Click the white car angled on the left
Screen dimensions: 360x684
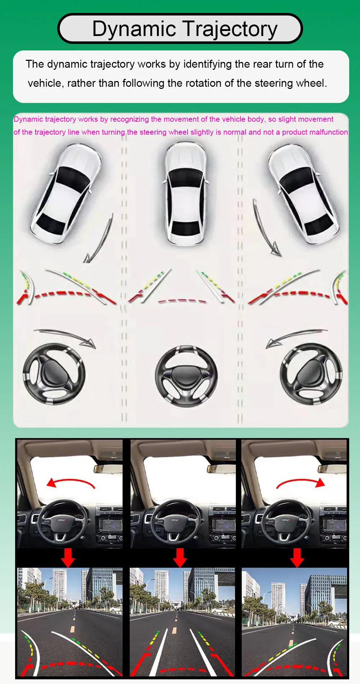point(65,193)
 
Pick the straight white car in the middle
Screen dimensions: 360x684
point(186,193)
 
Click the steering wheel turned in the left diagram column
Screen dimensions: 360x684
point(54,374)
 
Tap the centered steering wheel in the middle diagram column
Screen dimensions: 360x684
point(186,377)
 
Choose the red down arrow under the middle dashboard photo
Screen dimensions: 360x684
point(180,558)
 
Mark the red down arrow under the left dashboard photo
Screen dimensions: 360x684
point(68,558)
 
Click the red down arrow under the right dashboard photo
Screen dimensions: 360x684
point(297,558)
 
